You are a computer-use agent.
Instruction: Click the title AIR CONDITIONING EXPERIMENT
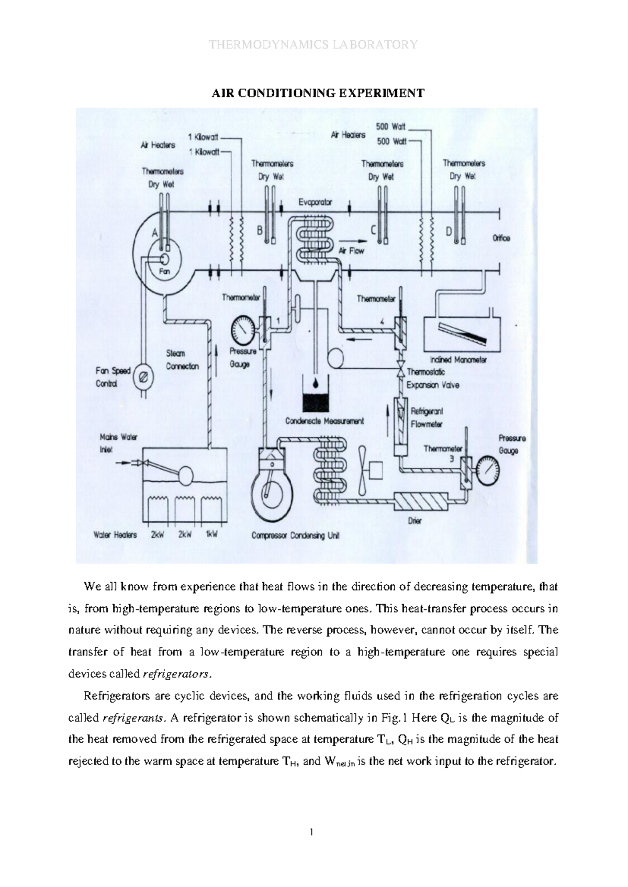(317, 94)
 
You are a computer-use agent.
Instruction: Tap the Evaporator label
(315, 202)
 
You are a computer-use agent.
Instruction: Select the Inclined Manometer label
(458, 360)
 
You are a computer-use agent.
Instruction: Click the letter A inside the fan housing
(155, 233)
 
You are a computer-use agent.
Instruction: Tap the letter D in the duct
(448, 231)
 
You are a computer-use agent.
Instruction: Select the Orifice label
(501, 238)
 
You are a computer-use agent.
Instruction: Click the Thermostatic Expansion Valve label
(432, 379)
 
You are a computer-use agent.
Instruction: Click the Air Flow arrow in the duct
(351, 251)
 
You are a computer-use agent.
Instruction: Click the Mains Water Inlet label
(118, 443)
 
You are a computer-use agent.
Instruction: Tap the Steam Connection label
(182, 360)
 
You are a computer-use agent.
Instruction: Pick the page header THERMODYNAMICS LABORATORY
(313, 44)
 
